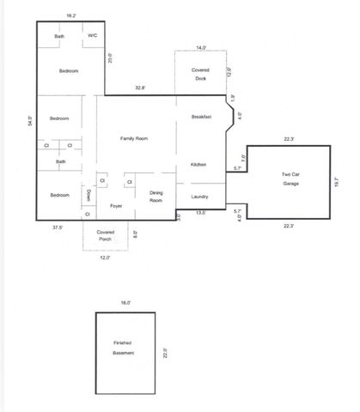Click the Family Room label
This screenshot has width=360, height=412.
(134, 137)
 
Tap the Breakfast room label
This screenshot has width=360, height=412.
(201, 117)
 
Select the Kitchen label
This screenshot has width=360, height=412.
(198, 164)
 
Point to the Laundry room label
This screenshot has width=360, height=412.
(200, 197)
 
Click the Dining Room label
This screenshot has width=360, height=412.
(156, 196)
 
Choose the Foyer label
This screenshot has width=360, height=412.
(117, 206)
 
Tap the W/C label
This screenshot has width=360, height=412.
(93, 36)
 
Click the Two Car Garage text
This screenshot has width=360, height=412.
(290, 178)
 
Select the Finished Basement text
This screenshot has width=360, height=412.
(123, 348)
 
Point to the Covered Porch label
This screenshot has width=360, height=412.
(106, 236)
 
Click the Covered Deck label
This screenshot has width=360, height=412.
(200, 75)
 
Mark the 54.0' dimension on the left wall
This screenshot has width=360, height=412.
(30, 121)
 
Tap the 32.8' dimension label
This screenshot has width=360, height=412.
(139, 88)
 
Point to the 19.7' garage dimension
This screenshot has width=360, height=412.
(336, 182)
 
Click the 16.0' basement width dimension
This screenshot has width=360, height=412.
(125, 302)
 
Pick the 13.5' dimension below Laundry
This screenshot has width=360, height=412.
(199, 212)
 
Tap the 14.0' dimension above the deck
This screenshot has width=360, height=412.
(201, 48)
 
